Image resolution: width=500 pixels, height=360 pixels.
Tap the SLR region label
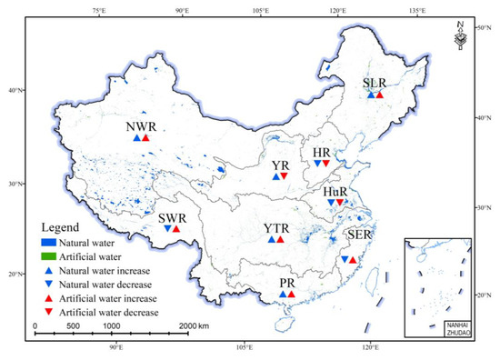[375, 84]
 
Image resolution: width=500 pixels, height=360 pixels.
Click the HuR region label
[335, 192]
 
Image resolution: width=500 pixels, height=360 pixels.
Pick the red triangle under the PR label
[292, 295]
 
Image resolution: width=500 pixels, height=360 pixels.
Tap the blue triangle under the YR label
[275, 177]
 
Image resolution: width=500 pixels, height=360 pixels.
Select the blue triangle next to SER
[344, 260]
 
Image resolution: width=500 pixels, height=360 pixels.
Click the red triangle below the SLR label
[380, 95]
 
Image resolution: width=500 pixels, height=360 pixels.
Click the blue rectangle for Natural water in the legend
[49, 243]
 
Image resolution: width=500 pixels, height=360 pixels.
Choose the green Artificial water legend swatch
[49, 257]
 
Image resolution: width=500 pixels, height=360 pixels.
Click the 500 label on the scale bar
[73, 325]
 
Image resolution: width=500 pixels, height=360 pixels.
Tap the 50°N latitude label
[485, 29]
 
